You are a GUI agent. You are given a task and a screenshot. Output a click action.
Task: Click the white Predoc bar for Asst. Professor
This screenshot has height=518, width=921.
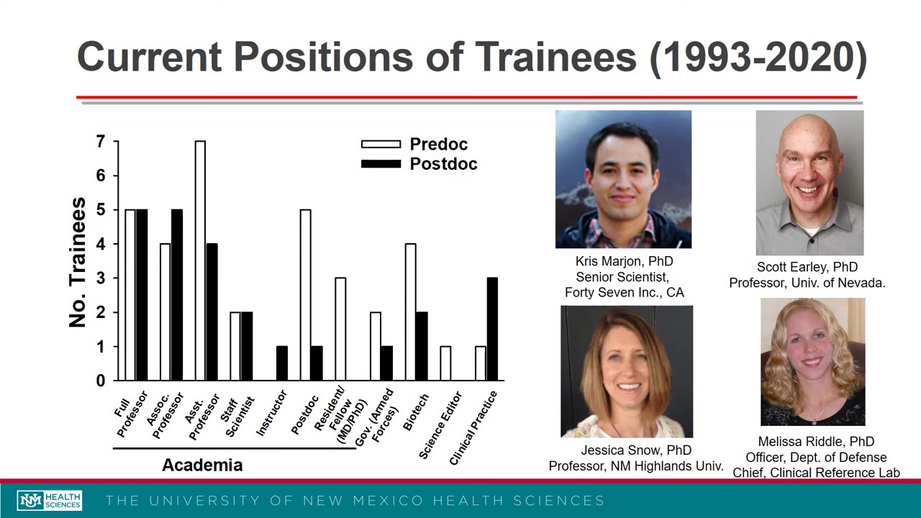tap(200, 260)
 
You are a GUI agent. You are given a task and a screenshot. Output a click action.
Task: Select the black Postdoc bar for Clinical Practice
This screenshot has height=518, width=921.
tap(492, 329)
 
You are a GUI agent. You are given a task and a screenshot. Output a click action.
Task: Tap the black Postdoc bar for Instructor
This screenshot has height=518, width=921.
tap(282, 363)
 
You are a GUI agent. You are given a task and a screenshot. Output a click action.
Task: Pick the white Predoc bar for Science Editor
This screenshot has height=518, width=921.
tap(445, 363)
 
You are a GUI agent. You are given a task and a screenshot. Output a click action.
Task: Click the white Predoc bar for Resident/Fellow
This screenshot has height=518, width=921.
tap(340, 329)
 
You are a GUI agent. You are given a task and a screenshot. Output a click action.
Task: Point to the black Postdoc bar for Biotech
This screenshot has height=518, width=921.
tap(422, 346)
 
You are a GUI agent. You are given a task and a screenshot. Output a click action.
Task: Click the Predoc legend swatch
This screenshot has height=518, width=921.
tap(381, 145)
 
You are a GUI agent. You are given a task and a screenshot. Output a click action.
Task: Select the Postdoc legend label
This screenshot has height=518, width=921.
tap(443, 164)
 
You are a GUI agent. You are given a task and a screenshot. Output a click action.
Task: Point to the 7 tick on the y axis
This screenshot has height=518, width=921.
tap(101, 142)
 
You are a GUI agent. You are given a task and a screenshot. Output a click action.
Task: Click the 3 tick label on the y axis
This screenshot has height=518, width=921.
tap(101, 278)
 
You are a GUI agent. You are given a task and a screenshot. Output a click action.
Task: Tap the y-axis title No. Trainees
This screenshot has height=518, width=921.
tap(78, 263)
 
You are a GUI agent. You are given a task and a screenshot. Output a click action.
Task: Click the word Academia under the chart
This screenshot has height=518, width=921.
tap(202, 465)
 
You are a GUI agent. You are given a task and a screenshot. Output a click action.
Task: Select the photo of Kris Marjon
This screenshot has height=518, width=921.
tap(623, 179)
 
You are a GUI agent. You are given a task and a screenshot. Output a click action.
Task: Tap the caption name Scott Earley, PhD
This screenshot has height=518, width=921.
tap(807, 267)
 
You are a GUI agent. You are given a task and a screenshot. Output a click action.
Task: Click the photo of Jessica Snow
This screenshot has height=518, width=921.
tap(627, 371)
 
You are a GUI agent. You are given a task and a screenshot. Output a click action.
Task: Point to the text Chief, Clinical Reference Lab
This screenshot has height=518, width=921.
tap(816, 473)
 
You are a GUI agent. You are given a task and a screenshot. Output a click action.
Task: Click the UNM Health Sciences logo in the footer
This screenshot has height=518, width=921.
tap(50, 501)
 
